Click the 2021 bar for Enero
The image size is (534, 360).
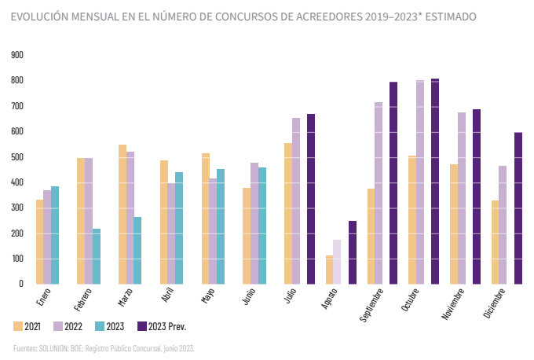pyautogui.click(x=40, y=241)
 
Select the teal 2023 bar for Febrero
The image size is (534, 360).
pyautogui.click(x=97, y=255)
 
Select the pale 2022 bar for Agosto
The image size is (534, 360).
pyautogui.click(x=337, y=261)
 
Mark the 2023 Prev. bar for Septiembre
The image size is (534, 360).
pyautogui.click(x=393, y=182)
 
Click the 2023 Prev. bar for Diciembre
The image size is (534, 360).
pyautogui.click(x=518, y=208)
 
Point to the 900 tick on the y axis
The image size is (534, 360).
pyautogui.click(x=17, y=55)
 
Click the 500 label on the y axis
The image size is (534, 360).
pyautogui.click(x=17, y=157)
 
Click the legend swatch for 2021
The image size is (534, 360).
pyautogui.click(x=18, y=325)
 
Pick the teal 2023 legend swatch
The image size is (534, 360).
pyautogui.click(x=99, y=325)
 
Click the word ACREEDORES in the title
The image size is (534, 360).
pyautogui.click(x=320, y=16)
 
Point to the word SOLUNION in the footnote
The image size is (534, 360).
pyautogui.click(x=57, y=347)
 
